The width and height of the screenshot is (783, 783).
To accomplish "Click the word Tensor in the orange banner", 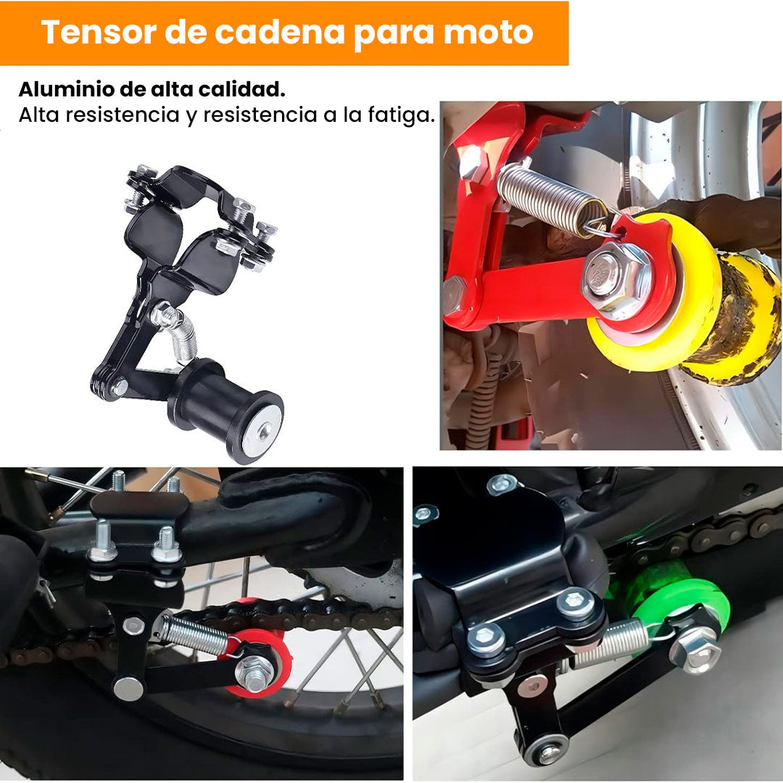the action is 99,32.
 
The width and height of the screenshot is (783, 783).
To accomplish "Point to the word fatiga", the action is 402,116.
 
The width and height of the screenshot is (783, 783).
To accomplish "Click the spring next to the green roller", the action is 612,645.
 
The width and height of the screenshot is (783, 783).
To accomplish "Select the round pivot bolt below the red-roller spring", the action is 128,689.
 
